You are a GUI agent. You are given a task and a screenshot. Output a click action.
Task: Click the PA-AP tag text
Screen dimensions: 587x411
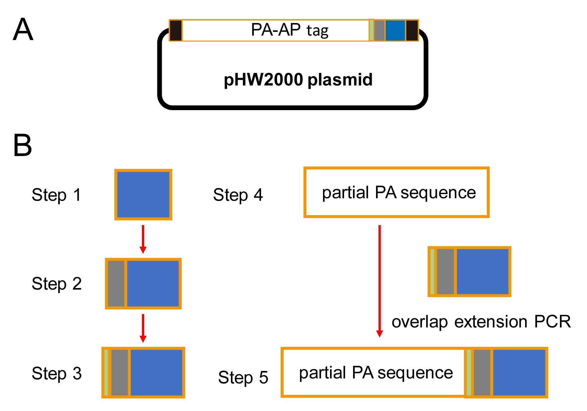coord(289,30)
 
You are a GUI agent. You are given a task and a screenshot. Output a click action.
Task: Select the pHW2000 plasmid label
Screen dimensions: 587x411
coord(298,80)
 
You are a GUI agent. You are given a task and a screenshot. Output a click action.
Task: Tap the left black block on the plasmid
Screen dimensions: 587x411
coord(176,30)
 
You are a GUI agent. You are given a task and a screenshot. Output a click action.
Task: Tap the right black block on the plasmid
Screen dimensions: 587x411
coord(412,30)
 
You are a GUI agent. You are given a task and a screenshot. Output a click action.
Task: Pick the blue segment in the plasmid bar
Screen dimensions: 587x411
coord(395,30)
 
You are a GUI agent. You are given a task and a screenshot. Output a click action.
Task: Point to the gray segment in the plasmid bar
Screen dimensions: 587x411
coord(379,30)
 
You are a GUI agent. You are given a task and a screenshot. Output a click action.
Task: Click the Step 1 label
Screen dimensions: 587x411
coord(56,195)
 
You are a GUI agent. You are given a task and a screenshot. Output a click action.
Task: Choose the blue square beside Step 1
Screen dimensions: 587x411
coord(143,195)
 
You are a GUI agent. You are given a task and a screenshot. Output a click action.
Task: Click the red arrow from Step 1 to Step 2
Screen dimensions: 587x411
coord(143,239)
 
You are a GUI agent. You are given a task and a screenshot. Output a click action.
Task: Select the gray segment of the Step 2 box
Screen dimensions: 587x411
coord(116,284)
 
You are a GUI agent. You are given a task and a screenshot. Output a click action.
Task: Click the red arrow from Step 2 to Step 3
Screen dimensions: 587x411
coord(143,328)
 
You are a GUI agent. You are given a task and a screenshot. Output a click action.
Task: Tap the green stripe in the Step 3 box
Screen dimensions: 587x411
coord(106,372)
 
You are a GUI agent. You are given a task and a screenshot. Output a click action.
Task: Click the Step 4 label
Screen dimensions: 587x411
coord(238,195)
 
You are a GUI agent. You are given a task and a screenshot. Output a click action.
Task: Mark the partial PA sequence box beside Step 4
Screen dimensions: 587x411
coord(396,192)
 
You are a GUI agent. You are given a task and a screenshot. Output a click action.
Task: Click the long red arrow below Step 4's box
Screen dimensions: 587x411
coord(380,281)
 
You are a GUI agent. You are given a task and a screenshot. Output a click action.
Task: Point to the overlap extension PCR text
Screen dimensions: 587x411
coord(481,322)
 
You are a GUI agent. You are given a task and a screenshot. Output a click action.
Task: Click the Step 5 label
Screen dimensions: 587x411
coord(243,377)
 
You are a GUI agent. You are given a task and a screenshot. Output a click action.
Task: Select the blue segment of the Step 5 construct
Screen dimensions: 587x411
coord(519,372)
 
